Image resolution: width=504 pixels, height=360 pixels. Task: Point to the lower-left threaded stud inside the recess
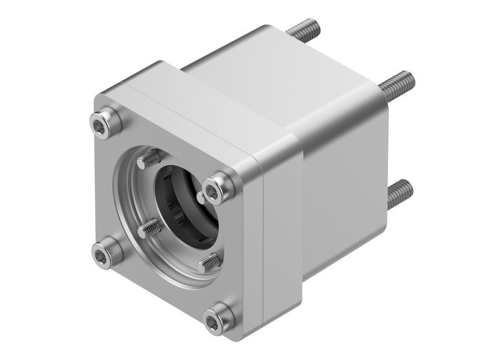pyautogui.click(x=150, y=228)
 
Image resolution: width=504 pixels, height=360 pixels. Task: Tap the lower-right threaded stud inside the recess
pyautogui.click(x=209, y=261)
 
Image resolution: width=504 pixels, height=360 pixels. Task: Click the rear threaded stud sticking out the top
pyautogui.click(x=302, y=30)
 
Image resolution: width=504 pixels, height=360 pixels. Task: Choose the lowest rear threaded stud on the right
pyautogui.click(x=399, y=194)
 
